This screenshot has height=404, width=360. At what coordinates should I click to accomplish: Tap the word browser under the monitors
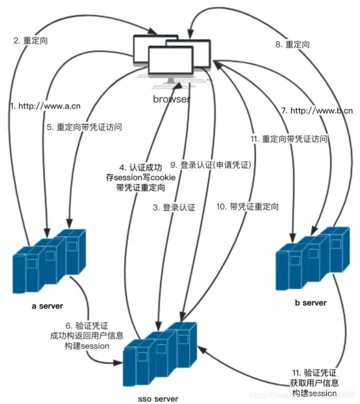[x=171, y=99]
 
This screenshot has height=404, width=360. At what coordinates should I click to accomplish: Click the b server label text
[x=310, y=302]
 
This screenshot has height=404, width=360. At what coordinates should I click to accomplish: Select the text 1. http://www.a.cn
[x=45, y=106]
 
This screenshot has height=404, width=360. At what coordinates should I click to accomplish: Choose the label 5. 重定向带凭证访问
[x=84, y=127]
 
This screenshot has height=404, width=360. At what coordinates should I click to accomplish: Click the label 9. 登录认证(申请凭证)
[x=210, y=164]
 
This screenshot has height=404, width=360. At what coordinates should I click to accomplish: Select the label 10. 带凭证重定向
[x=247, y=206]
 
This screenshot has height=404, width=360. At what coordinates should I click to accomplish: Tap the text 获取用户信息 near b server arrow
[x=314, y=383]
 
